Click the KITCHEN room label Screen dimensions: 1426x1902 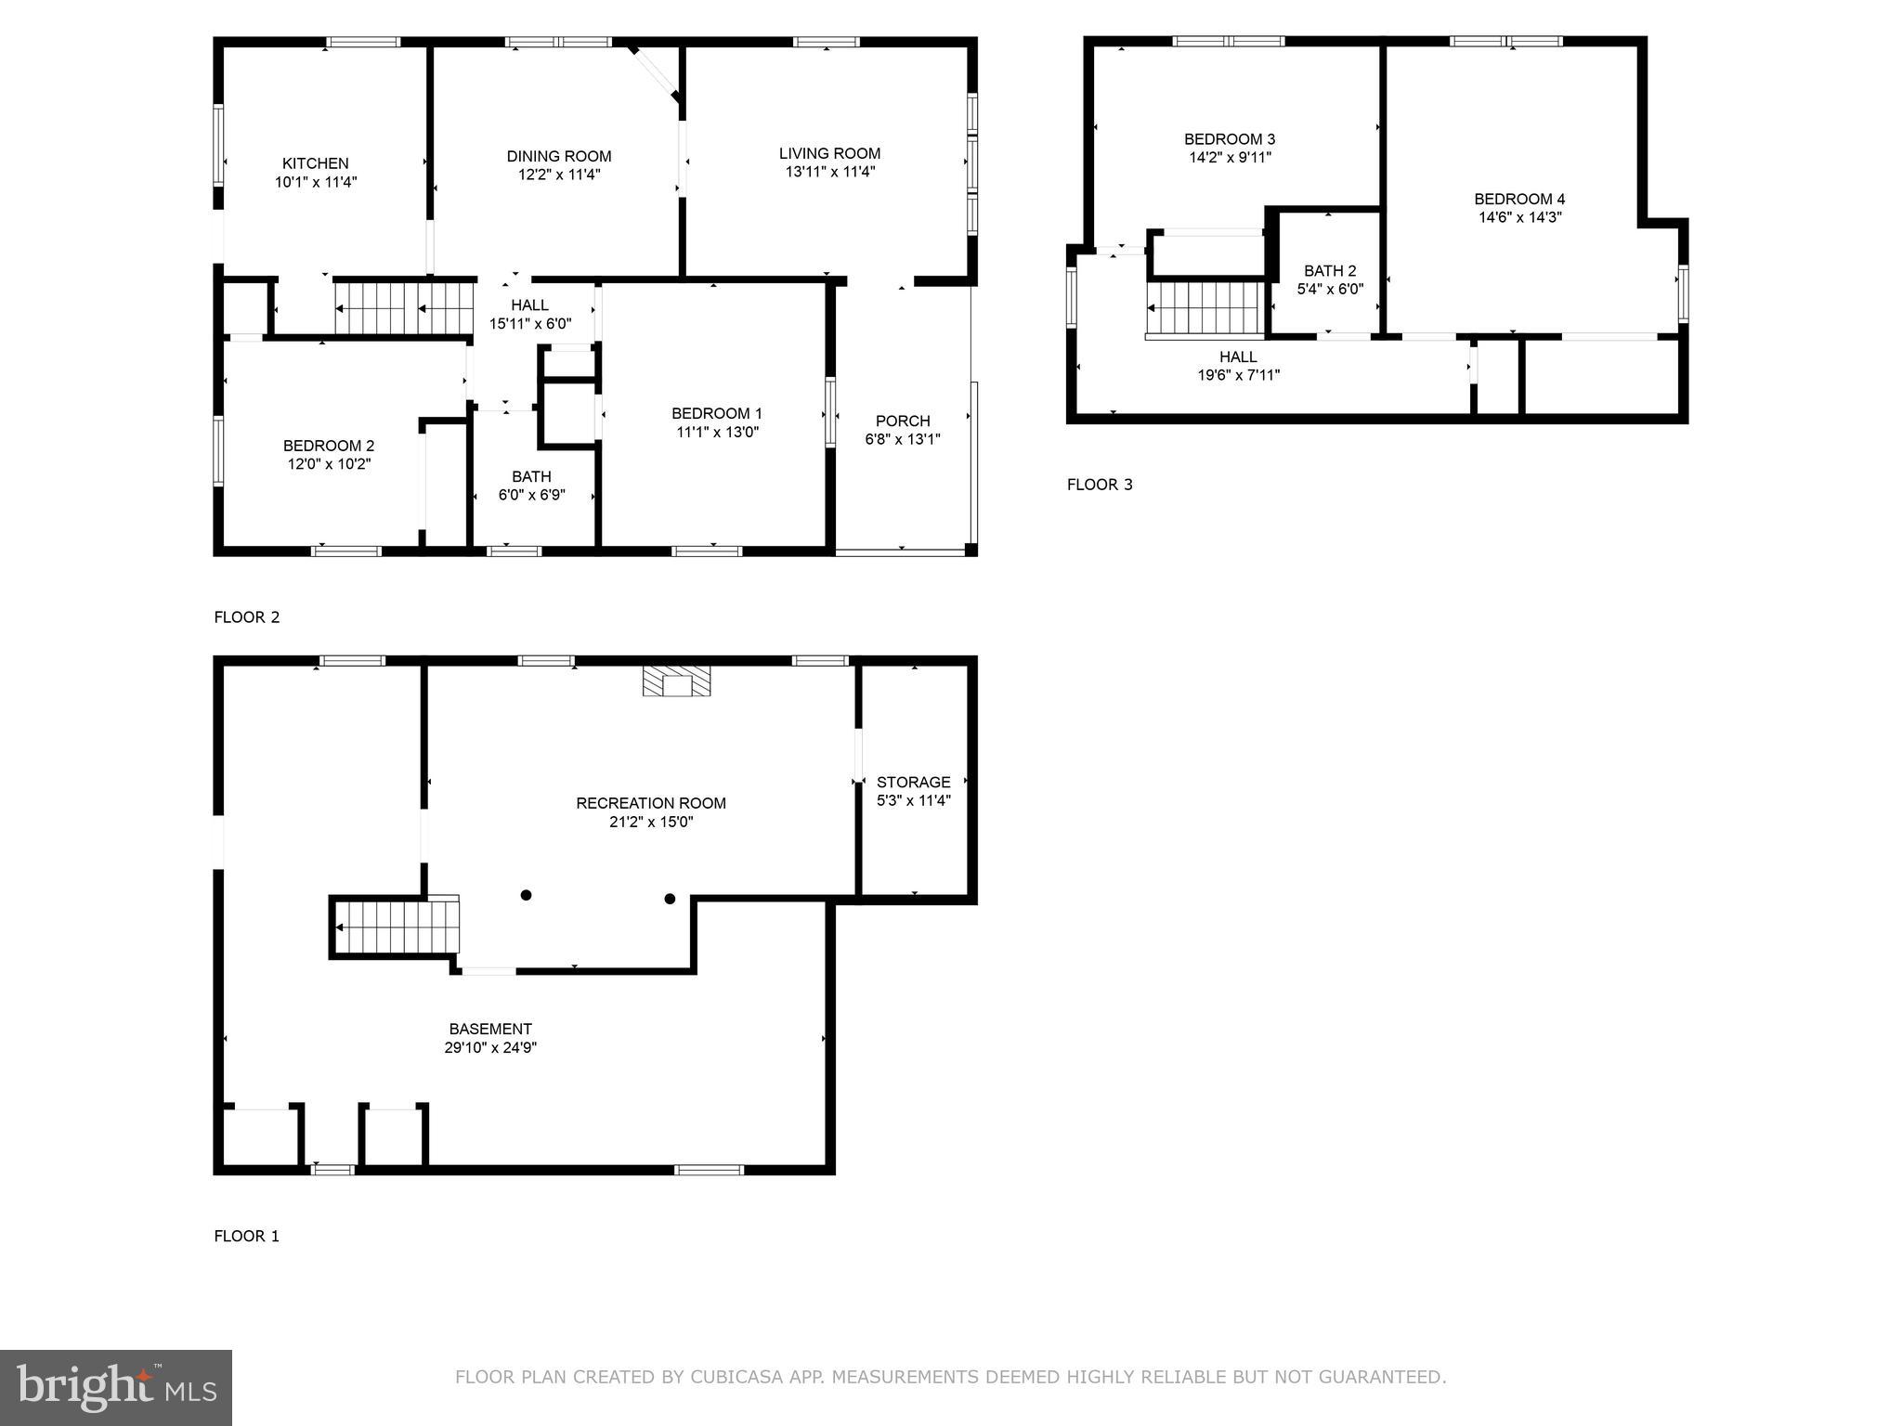[316, 163]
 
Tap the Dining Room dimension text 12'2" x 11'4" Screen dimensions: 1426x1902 [559, 175]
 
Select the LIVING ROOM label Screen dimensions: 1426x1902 [829, 153]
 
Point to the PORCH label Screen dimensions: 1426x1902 [902, 421]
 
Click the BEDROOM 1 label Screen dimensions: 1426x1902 [716, 413]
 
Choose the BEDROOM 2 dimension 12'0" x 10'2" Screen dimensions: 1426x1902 [329, 464]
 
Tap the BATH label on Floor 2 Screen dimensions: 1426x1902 [530, 476]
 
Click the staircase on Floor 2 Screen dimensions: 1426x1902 [405, 308]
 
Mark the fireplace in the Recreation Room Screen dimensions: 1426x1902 [677, 681]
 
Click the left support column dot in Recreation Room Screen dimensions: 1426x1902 [526, 895]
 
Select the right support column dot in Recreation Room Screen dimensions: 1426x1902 [670, 899]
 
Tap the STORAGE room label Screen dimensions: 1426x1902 [913, 782]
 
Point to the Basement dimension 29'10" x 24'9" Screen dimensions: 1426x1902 [490, 1047]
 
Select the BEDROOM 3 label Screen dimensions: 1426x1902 [1229, 139]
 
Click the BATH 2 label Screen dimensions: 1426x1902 [1329, 271]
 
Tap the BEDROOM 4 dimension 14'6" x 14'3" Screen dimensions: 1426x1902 [1519, 217]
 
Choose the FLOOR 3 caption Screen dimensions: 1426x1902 [1099, 485]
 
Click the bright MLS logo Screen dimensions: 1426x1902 [116, 1387]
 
